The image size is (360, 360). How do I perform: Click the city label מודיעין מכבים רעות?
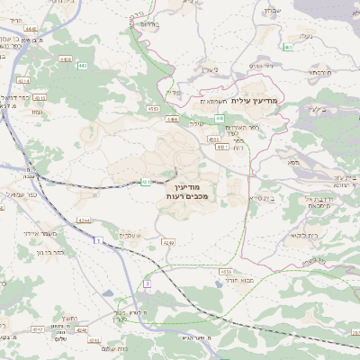tap(187, 190)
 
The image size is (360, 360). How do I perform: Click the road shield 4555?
tap(225, 270)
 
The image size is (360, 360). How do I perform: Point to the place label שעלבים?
tap(130, 235)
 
